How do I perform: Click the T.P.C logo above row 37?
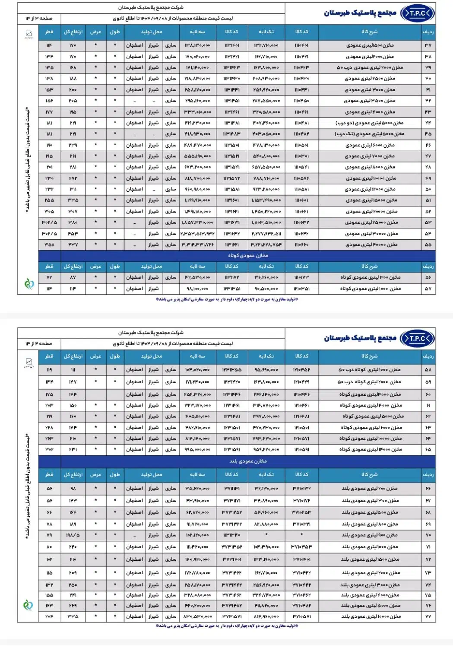coord(417,13)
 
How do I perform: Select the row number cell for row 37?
coord(428,45)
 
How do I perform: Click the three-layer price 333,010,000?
coord(197,112)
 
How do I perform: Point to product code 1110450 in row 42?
coord(301,101)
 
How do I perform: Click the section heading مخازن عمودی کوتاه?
coord(248,255)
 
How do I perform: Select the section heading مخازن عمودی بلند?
coord(248,461)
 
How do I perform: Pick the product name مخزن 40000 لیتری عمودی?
coord(371,245)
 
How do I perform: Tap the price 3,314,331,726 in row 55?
coord(197,245)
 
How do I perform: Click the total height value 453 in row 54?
coord(73,234)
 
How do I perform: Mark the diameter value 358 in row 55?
coord(49,245)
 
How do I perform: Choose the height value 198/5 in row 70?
coord(73,535)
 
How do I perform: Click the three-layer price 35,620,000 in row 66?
coord(197,489)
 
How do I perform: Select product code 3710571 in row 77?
coord(301,616)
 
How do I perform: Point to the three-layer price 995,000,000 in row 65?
coord(197,449)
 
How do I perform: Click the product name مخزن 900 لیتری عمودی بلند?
coord(370,535)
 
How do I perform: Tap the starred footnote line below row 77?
coord(227,626)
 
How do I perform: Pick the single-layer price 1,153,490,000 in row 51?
coord(266,200)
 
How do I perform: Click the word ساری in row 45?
coord(171,134)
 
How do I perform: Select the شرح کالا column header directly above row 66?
coord(369,474)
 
